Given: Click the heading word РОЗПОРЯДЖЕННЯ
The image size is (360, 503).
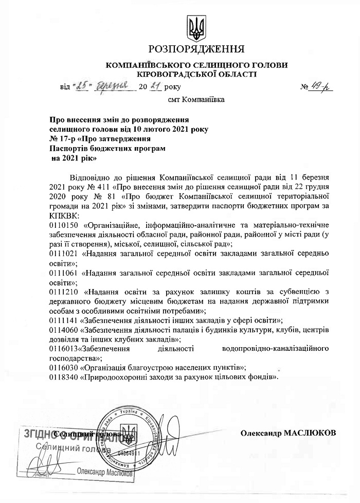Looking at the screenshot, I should click(196, 49).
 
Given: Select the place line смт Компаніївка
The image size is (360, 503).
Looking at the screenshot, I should click(196, 99).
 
